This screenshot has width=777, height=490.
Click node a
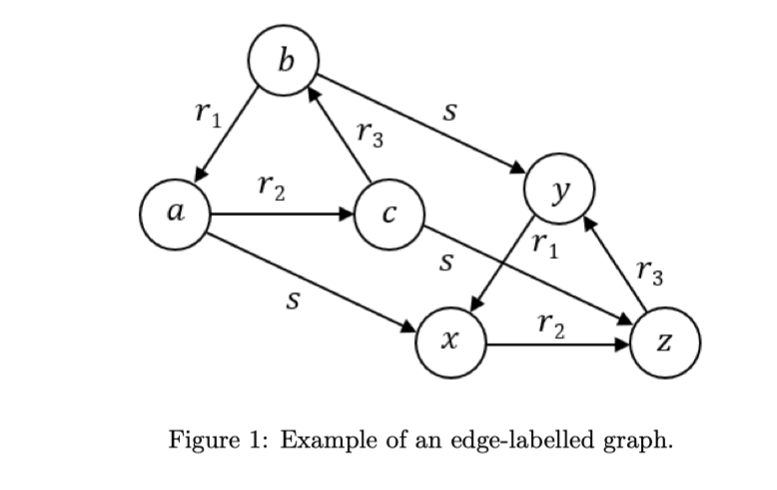176,213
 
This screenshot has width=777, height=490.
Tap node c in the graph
391,213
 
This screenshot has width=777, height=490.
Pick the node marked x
451,344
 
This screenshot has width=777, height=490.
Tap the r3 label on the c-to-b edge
370,133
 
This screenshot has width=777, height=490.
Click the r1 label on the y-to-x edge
545,244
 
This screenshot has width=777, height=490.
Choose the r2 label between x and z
551,323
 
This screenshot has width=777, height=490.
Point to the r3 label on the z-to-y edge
648,272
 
